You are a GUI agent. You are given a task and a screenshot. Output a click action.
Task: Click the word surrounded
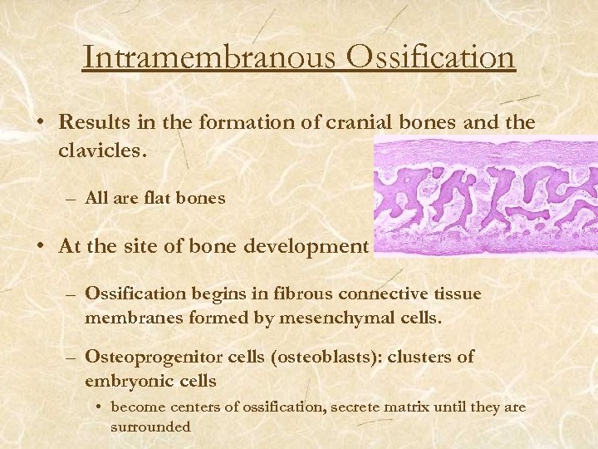coord(150,427)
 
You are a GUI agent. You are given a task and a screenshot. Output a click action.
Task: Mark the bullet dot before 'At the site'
coord(40,247)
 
